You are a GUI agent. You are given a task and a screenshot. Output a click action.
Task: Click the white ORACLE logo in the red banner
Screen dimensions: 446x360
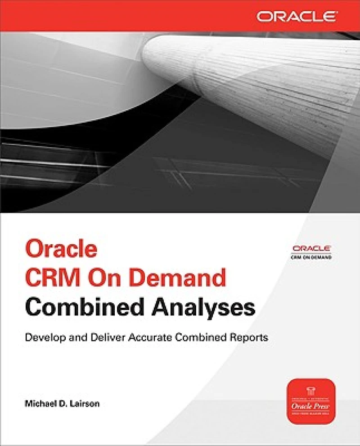(x=297, y=16)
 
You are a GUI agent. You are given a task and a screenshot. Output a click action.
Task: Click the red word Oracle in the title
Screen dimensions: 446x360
(x=61, y=249)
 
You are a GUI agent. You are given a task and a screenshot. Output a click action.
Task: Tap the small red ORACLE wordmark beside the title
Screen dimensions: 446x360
(x=312, y=248)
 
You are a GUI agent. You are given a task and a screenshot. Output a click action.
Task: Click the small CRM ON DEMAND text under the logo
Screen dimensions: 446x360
(x=312, y=257)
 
